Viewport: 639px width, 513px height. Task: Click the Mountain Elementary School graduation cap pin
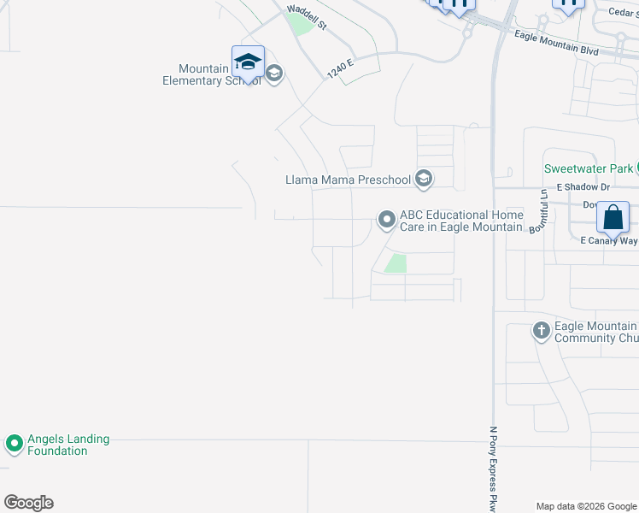tap(248, 62)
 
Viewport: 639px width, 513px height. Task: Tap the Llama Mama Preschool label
tap(349, 180)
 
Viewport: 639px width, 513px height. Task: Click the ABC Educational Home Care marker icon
tap(387, 221)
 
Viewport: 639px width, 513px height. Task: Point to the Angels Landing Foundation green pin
tap(14, 445)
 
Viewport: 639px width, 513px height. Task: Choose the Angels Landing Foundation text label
tap(68, 445)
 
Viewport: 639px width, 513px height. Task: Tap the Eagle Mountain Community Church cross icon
tap(541, 331)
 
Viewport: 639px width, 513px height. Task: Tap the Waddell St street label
tap(308, 16)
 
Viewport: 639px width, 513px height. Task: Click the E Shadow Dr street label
tap(583, 186)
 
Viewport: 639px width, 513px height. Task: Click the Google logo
tap(28, 503)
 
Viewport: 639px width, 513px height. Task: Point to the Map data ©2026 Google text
tap(587, 506)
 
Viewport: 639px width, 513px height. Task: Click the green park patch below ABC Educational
tap(396, 263)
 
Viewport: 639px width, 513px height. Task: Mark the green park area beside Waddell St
tap(301, 25)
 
